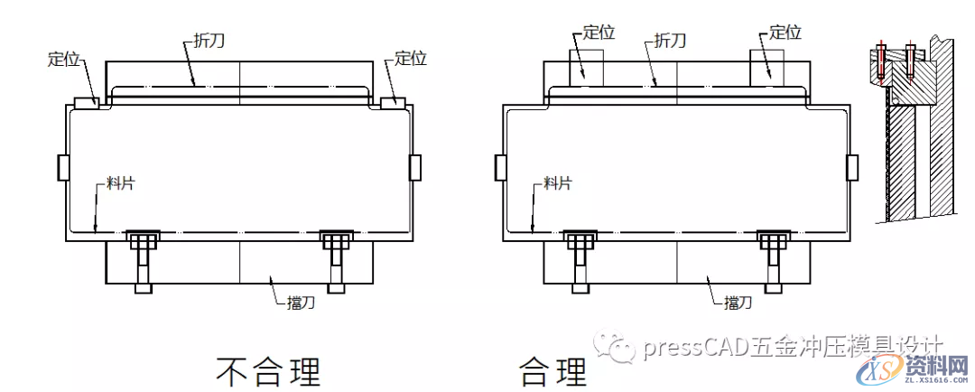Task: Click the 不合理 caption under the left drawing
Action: [x=268, y=370]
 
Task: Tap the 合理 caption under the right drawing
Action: [x=552, y=370]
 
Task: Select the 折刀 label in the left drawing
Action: [x=210, y=41]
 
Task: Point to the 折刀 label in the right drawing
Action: [x=669, y=41]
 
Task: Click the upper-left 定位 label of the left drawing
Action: [x=65, y=61]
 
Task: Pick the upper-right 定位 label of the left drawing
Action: [x=410, y=59]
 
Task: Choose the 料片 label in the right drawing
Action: [x=556, y=183]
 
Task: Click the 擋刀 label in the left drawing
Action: [x=302, y=303]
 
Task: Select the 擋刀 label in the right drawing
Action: [x=738, y=303]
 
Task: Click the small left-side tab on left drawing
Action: [x=63, y=167]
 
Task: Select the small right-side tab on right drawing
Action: [x=851, y=167]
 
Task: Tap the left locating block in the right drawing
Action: [x=587, y=68]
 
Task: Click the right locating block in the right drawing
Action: [x=767, y=68]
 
